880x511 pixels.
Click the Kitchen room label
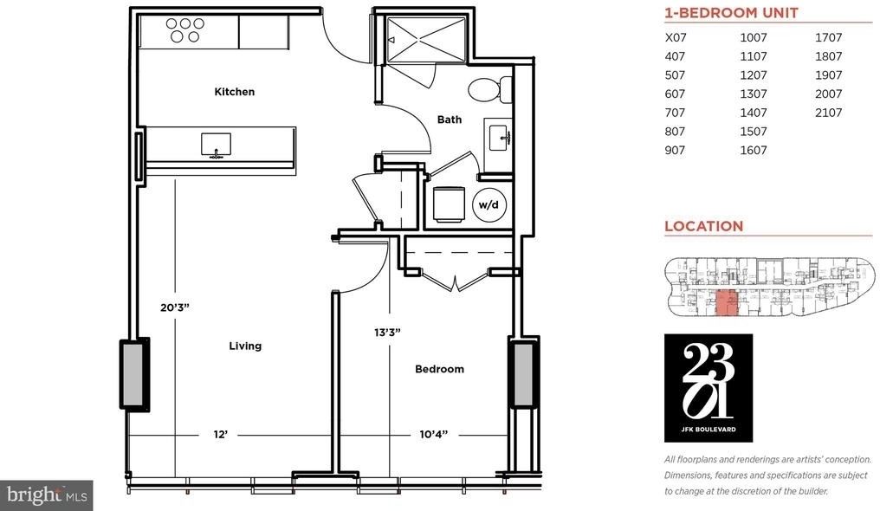[x=235, y=92]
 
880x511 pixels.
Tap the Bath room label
[x=450, y=120]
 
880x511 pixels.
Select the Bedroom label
[x=439, y=369]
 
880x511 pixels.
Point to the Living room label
[x=245, y=346]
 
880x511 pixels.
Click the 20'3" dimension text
[x=175, y=307]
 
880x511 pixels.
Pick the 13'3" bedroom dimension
[x=388, y=332]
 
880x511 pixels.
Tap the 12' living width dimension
[x=221, y=434]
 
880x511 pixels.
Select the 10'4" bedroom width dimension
[x=434, y=434]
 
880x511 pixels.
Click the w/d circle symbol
[x=489, y=204]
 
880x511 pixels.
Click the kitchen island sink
[x=216, y=145]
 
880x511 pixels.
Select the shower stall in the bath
[x=426, y=39]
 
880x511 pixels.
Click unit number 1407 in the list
[x=754, y=113]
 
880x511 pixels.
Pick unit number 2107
[x=828, y=113]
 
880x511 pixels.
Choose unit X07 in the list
[x=676, y=37]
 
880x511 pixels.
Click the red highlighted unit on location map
[x=727, y=303]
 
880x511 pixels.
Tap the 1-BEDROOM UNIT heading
[x=731, y=13]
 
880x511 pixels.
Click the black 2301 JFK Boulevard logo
[x=709, y=388]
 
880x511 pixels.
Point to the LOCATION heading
[x=704, y=226]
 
